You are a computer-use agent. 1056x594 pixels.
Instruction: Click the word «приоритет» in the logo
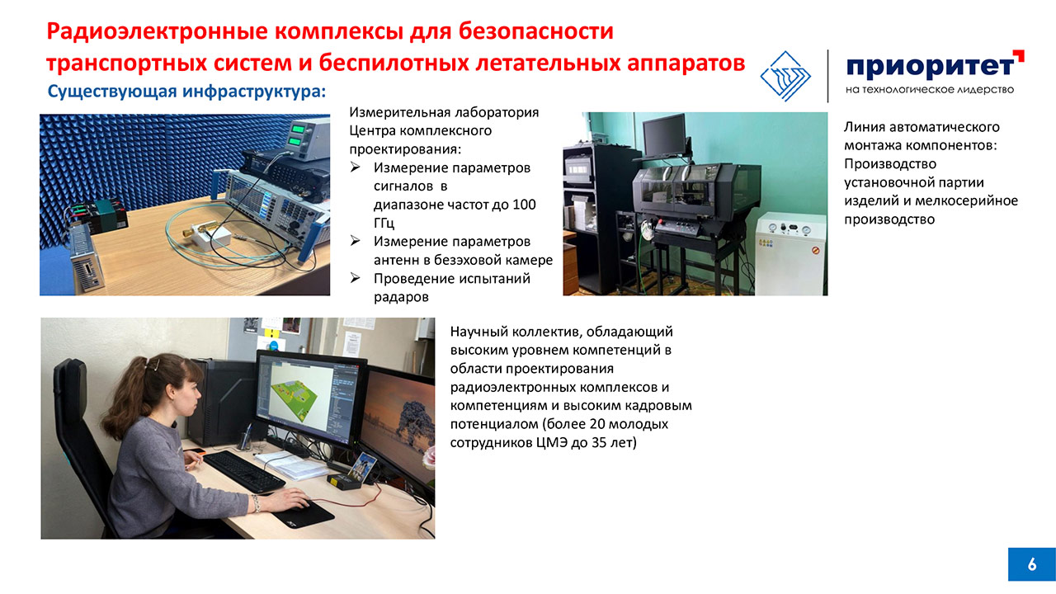tap(931, 68)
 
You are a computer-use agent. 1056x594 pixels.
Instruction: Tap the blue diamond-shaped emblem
tap(785, 77)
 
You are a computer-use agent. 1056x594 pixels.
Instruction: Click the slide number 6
tap(1032, 564)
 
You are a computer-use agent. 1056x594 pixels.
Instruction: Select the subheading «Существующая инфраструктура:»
tap(186, 91)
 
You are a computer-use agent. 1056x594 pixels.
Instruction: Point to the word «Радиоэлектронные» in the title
tap(157, 31)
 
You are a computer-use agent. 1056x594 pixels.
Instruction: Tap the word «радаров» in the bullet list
tap(401, 298)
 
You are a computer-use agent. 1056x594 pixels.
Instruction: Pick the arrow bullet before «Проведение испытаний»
tap(355, 278)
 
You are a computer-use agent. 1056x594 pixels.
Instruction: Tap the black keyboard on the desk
tap(244, 471)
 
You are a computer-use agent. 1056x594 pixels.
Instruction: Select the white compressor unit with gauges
tap(791, 253)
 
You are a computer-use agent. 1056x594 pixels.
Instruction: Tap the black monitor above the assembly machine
tap(664, 135)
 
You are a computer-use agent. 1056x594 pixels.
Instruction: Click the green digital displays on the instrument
tap(298, 134)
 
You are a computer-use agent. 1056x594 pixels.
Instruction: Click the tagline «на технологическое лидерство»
tap(930, 90)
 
